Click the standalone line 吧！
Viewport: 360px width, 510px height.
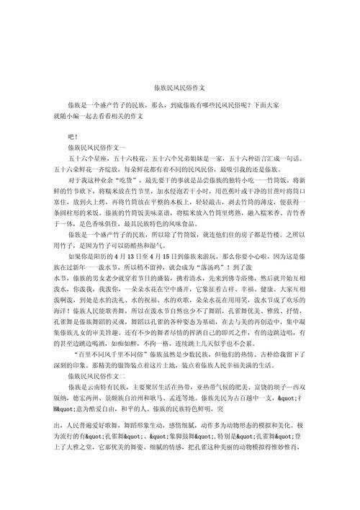73,135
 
